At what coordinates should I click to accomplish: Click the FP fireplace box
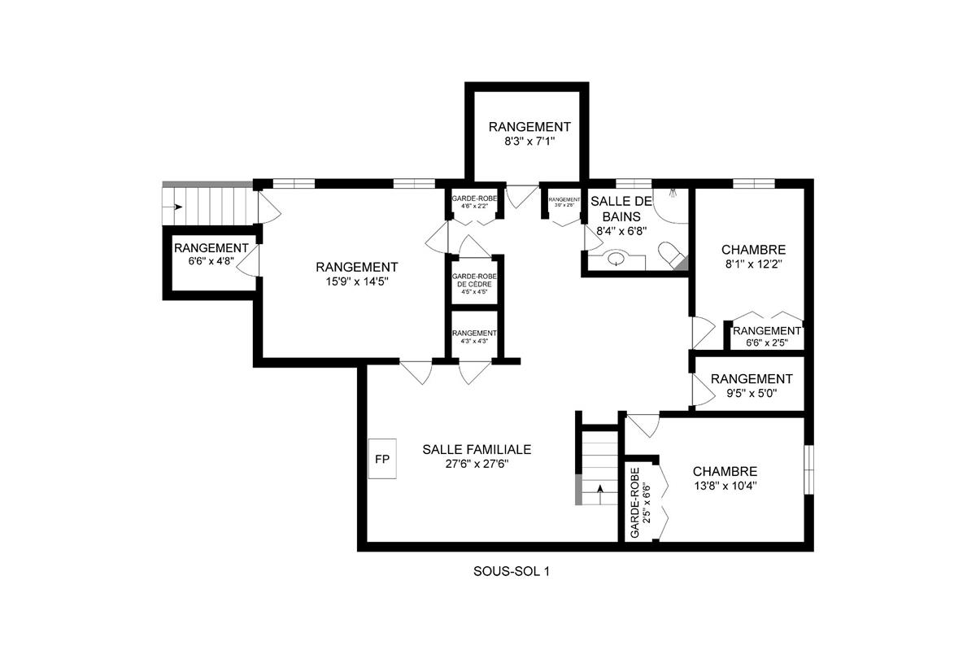(381, 460)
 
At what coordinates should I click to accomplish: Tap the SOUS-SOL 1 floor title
(512, 572)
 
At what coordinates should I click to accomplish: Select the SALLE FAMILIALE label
(477, 449)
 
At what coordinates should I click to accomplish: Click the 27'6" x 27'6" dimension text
(477, 464)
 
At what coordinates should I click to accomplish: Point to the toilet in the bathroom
(672, 255)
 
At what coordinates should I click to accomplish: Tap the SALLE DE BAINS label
(616, 208)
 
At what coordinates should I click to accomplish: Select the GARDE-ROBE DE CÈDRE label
(474, 281)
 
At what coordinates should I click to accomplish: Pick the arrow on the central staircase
(600, 489)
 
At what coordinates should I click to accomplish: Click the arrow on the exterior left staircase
(176, 207)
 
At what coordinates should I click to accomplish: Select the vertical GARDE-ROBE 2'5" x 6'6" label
(640, 503)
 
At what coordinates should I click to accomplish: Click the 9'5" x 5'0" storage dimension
(751, 394)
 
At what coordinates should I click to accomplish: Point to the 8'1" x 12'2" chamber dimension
(753, 264)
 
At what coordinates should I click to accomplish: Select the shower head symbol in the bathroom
(673, 194)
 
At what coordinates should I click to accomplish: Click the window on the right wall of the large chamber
(808, 469)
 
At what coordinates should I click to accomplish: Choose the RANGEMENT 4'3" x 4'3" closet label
(474, 334)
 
